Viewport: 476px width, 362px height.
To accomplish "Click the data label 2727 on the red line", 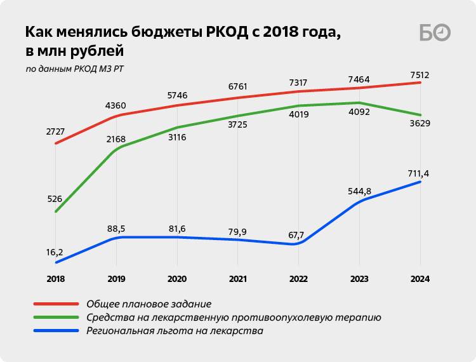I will (55, 131).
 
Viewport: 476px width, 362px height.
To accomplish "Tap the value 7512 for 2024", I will (420, 76).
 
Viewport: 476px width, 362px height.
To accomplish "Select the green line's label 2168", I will (116, 139).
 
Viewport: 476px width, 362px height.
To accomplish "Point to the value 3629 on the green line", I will (420, 123).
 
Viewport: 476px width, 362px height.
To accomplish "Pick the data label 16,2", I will (55, 251).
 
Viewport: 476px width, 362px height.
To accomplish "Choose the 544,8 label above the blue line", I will (359, 191).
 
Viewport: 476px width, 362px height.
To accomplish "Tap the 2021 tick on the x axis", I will (237, 279).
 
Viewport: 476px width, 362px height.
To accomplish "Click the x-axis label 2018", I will (55, 279).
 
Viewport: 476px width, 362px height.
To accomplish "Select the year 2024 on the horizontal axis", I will (420, 279).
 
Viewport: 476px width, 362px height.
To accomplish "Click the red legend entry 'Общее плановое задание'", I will (148, 304).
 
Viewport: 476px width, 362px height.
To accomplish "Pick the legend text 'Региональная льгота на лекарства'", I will (174, 330).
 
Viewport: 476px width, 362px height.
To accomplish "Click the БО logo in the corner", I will (435, 33).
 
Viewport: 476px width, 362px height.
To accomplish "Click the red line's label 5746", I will (176, 96).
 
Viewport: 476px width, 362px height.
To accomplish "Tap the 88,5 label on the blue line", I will (116, 229).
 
